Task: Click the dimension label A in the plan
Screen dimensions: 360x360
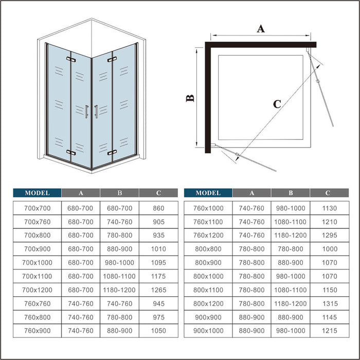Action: [x=261, y=29]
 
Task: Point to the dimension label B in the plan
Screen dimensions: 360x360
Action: [x=190, y=98]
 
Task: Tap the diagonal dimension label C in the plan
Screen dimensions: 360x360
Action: [x=277, y=104]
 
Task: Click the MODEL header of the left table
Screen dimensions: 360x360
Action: [x=37, y=193]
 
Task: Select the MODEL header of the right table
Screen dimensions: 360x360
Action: [x=208, y=193]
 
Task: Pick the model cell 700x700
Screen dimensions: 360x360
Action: [x=37, y=208]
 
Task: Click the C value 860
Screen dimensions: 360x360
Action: [x=159, y=208]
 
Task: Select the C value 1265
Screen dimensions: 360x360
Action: [x=159, y=290]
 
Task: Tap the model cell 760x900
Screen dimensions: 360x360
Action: [x=37, y=330]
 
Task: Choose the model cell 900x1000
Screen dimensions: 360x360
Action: [x=208, y=330]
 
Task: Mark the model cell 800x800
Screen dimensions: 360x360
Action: [x=208, y=249]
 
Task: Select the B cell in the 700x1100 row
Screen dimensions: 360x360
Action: [x=119, y=276]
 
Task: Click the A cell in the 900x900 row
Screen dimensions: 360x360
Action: [x=252, y=316]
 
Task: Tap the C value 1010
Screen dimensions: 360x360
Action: [x=159, y=249]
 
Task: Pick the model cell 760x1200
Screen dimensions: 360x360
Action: [x=208, y=236]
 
